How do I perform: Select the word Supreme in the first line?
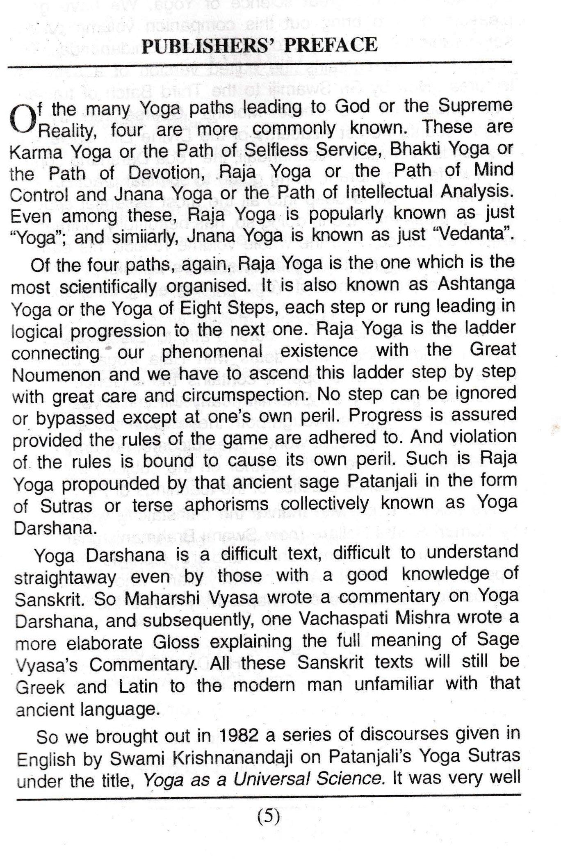[476, 106]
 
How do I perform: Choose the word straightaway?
[66, 577]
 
